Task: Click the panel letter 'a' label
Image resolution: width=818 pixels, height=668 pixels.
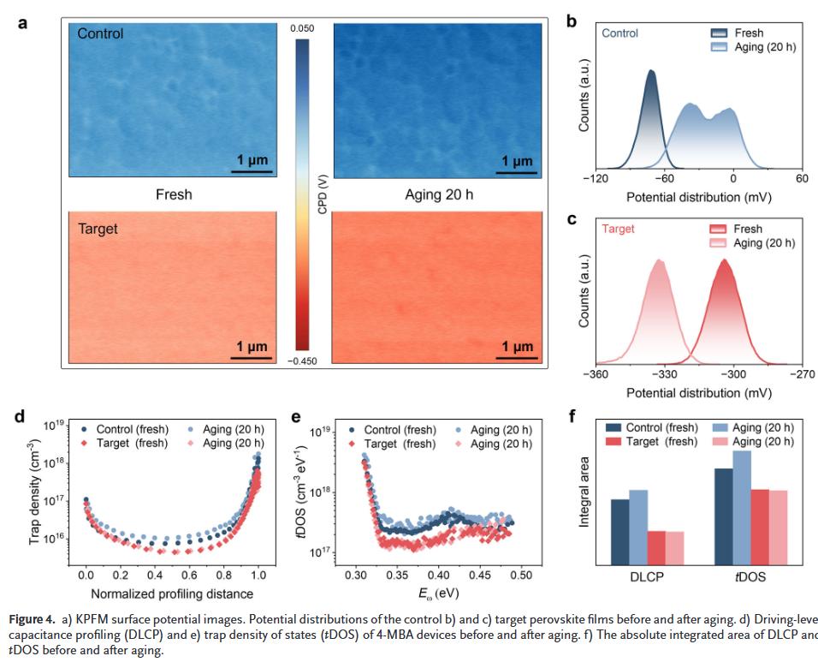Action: [22, 23]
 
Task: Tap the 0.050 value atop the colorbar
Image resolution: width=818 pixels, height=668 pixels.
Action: [302, 29]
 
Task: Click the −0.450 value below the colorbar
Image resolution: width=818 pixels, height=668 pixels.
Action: [302, 361]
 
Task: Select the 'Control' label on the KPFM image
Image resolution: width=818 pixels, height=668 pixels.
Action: [100, 34]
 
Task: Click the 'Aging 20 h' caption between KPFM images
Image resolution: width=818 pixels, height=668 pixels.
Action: [439, 194]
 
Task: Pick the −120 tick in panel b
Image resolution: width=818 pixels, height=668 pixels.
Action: [596, 178]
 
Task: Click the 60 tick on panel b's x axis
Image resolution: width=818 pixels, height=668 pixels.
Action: [802, 178]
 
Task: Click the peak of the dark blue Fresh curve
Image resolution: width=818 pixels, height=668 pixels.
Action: [652, 72]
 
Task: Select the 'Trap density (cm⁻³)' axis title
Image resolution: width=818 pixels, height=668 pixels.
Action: [35, 493]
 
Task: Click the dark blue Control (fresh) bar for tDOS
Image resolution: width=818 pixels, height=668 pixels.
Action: [723, 516]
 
